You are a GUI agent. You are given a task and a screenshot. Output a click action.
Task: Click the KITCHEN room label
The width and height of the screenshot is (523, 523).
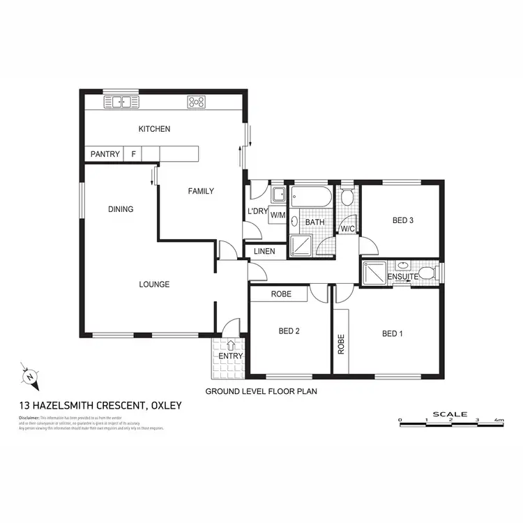[154, 129]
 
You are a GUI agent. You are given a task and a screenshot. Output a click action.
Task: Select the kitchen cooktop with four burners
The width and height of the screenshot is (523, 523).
[196, 102]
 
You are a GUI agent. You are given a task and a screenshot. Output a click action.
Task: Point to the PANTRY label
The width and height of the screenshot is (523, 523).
[105, 154]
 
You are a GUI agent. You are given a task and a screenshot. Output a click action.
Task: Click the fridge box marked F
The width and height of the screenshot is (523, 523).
[134, 154]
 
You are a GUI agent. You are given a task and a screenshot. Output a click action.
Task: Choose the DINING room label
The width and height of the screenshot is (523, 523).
[121, 209]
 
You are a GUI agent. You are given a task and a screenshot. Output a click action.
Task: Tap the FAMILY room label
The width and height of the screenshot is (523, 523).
[200, 191]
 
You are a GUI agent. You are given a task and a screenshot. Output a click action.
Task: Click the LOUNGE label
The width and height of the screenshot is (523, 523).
[154, 284]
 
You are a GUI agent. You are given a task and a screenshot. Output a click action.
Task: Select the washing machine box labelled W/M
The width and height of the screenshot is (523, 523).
[278, 215]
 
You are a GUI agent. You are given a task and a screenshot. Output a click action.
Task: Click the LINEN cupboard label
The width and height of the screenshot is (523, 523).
[264, 251]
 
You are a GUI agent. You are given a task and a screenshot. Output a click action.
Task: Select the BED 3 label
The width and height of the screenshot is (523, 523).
[403, 220]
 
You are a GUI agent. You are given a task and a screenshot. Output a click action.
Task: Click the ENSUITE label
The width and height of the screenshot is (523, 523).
[402, 277]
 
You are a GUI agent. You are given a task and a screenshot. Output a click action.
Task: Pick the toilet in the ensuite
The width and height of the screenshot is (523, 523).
[427, 273]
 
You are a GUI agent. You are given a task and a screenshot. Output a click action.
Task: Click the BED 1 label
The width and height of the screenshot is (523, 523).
[393, 333]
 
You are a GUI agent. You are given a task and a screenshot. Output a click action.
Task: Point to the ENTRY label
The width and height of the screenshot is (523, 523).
[231, 356]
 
